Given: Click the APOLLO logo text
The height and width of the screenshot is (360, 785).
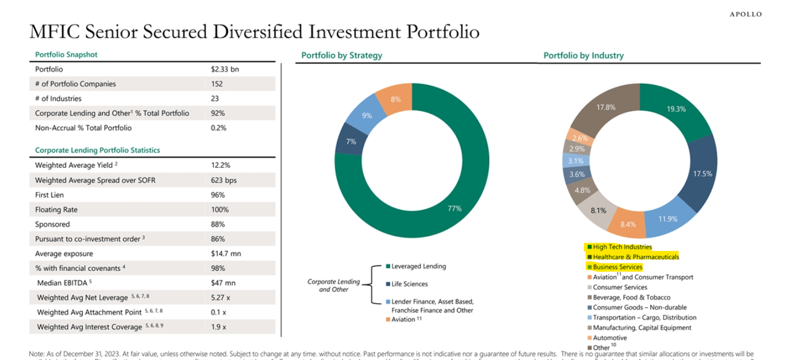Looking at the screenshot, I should pos(746,14).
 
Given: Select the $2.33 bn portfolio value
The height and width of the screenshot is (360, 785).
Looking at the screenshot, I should pos(225,69).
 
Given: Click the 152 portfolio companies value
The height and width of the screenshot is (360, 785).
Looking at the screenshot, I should pos(217,84).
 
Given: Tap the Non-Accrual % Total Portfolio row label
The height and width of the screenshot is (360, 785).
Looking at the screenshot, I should pos(83,128).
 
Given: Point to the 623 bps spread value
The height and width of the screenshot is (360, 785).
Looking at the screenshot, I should pos(223,180).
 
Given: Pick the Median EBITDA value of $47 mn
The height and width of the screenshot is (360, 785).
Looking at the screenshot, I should pos(223,283).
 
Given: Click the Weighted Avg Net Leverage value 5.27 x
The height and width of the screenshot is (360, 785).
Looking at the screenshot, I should pos(221,297).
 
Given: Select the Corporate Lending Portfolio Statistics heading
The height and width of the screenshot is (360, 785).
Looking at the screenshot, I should pos(97,150).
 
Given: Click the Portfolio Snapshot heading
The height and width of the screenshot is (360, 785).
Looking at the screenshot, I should pos(66,54).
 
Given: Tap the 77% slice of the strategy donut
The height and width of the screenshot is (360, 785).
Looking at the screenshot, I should pos(454,208).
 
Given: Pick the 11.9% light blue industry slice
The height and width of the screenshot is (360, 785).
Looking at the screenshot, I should pos(667,219).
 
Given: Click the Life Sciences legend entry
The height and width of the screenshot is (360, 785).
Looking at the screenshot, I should pos(409,284).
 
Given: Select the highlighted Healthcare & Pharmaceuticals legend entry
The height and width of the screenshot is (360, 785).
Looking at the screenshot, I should pos(635,257).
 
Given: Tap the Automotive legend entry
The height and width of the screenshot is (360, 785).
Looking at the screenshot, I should pos(610,338).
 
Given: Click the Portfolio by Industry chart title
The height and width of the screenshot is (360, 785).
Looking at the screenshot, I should pos(583,56).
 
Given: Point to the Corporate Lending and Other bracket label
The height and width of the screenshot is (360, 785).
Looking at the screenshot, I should pos(333,285).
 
